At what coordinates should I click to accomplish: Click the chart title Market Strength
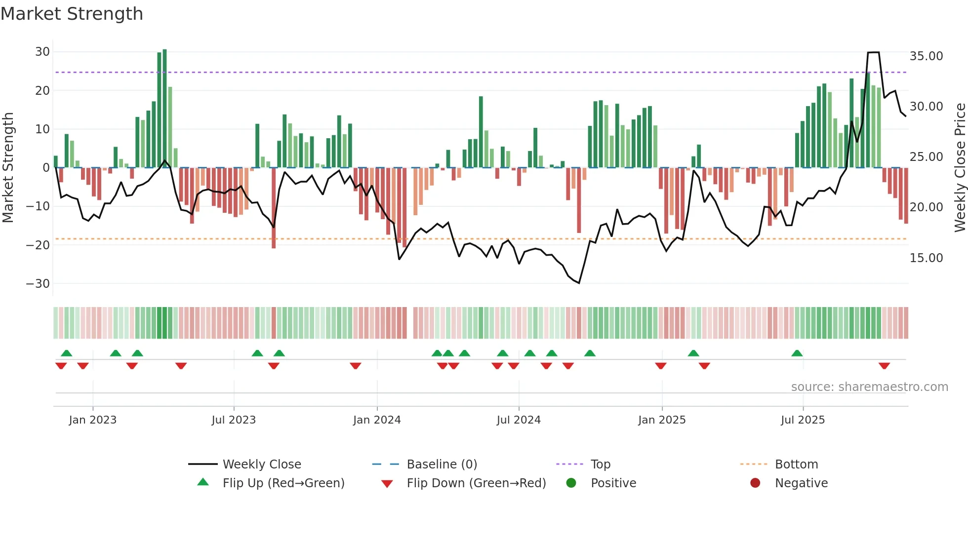(x=72, y=14)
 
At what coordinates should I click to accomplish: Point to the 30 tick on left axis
(x=42, y=52)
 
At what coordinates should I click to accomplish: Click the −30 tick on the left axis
(x=38, y=284)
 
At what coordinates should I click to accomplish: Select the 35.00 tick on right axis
(x=926, y=56)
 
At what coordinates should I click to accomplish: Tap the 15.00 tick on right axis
(x=926, y=258)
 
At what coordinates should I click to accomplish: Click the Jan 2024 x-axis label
(x=377, y=420)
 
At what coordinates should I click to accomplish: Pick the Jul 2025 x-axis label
(x=803, y=420)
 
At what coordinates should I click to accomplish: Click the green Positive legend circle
(x=571, y=483)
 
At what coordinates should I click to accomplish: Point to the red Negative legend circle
(x=755, y=483)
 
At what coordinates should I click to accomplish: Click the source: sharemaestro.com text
(x=869, y=387)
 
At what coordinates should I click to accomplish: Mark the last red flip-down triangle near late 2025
(x=884, y=366)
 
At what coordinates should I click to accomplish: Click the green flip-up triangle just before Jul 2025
(x=797, y=353)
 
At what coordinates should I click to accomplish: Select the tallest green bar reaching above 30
(x=164, y=109)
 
